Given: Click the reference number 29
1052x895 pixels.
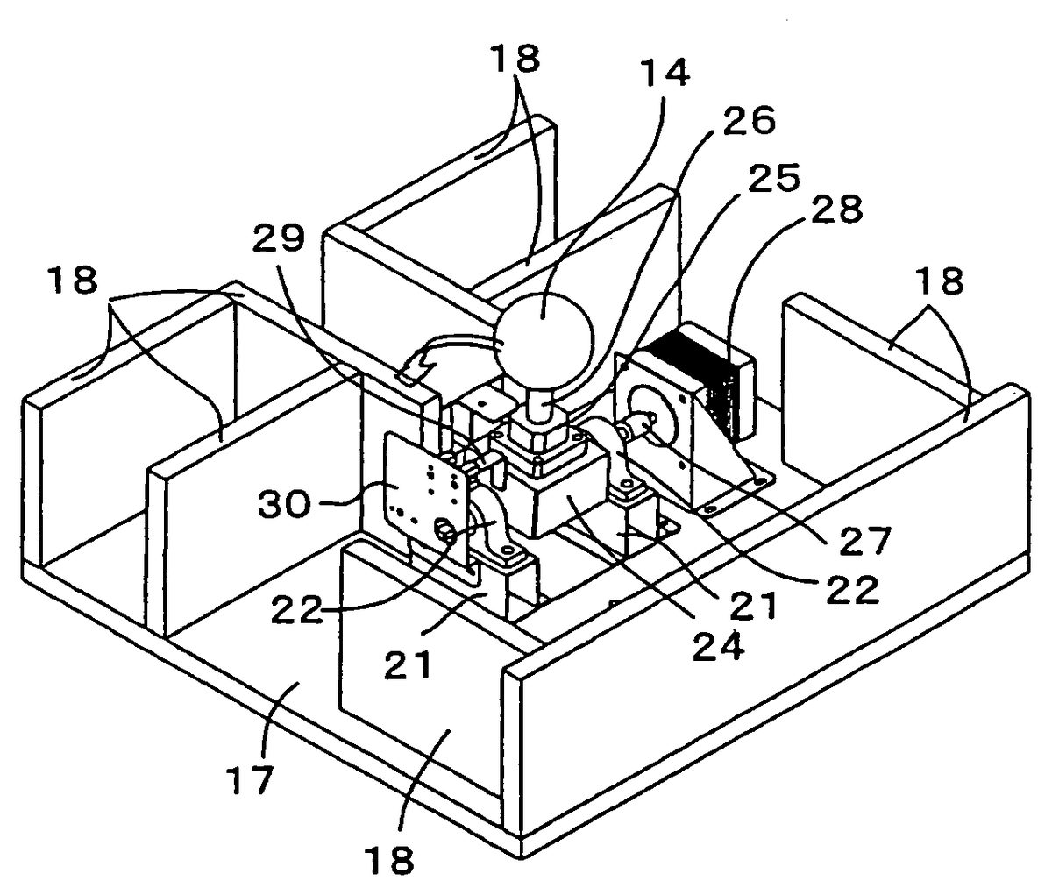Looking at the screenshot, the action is (x=279, y=238).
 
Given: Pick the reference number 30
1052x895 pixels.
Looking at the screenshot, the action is (x=283, y=503).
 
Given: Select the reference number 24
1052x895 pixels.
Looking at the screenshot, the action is (x=719, y=646).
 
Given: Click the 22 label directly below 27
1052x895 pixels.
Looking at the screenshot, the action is (x=852, y=589).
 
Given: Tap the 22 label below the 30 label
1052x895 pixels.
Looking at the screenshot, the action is (x=297, y=608).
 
